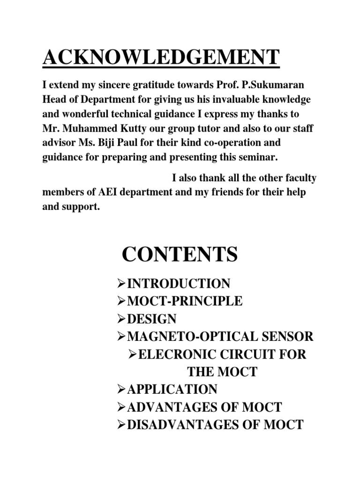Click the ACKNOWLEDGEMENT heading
[x=161, y=58]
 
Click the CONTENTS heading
[x=180, y=255]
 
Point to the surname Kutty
[x=141, y=128]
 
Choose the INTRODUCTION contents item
[x=179, y=284]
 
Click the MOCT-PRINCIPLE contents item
[x=185, y=301]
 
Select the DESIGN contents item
[x=152, y=319]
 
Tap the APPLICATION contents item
[x=172, y=390]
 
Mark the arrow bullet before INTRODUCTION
[x=121, y=284]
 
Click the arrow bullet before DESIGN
[x=121, y=319]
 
